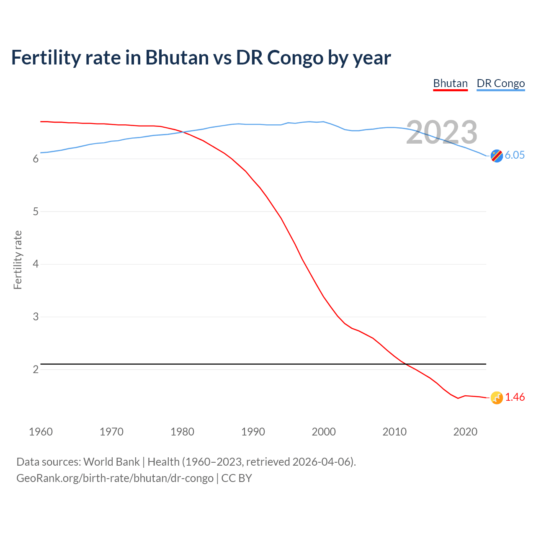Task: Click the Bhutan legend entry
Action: pos(450,83)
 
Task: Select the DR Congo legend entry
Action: pos(500,83)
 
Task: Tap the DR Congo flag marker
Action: pos(497,156)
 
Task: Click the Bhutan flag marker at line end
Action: pos(497,398)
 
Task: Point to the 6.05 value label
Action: pos(515,155)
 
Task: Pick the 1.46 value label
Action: pos(515,397)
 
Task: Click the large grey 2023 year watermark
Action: pos(442,132)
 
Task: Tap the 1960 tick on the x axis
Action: pos(41,432)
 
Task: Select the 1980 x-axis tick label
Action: pos(182,432)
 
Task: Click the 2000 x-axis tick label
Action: pos(324,432)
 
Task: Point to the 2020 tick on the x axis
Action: pos(465,432)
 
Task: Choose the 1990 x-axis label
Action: pos(253,432)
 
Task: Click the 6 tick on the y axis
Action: pos(36,159)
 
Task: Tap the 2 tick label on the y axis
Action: pos(36,370)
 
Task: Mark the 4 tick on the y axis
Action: pos(36,264)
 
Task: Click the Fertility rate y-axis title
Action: pos(18,260)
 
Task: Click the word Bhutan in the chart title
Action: pos(177,58)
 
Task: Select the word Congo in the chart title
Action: pos(295,58)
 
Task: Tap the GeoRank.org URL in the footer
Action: pos(115,478)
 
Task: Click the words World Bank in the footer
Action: pos(111,462)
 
